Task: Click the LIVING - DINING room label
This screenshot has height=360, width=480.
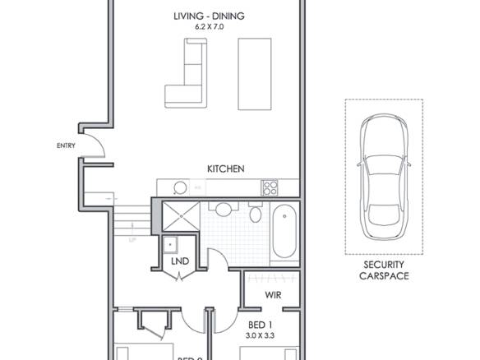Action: (208, 16)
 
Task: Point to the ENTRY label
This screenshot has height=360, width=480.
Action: (66, 146)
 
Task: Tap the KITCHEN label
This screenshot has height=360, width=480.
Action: (225, 168)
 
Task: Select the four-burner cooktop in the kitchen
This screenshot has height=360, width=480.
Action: (270, 186)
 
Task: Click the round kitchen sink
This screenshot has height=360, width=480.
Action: (174, 187)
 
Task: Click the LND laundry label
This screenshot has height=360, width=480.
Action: (179, 262)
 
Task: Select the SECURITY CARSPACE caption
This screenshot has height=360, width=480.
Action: (384, 270)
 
